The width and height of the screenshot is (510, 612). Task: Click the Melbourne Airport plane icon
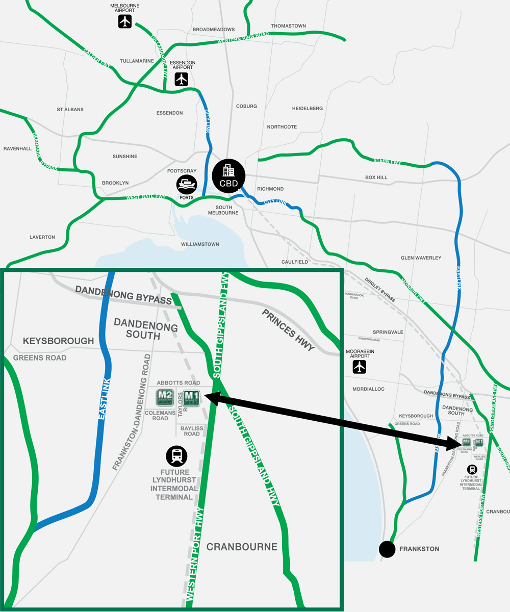(125, 21)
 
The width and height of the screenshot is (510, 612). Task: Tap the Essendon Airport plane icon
(182, 79)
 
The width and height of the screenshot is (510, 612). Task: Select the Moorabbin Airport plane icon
(360, 366)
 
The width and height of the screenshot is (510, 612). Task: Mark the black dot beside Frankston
(387, 549)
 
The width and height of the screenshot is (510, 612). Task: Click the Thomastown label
(289, 25)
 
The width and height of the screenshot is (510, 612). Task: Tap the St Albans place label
(70, 110)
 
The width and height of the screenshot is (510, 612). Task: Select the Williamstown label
(200, 244)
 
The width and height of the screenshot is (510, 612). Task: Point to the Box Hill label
(376, 177)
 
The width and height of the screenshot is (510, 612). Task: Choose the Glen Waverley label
(421, 258)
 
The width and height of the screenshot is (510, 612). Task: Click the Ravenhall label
(17, 148)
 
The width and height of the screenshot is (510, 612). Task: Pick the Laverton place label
(42, 237)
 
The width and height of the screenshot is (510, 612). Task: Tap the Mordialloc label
(368, 389)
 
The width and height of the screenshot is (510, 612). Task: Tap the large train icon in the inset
(176, 455)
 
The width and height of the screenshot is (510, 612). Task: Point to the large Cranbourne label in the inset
(242, 547)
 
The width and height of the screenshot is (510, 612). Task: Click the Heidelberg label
(308, 109)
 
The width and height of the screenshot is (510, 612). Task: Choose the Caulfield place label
(295, 262)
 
